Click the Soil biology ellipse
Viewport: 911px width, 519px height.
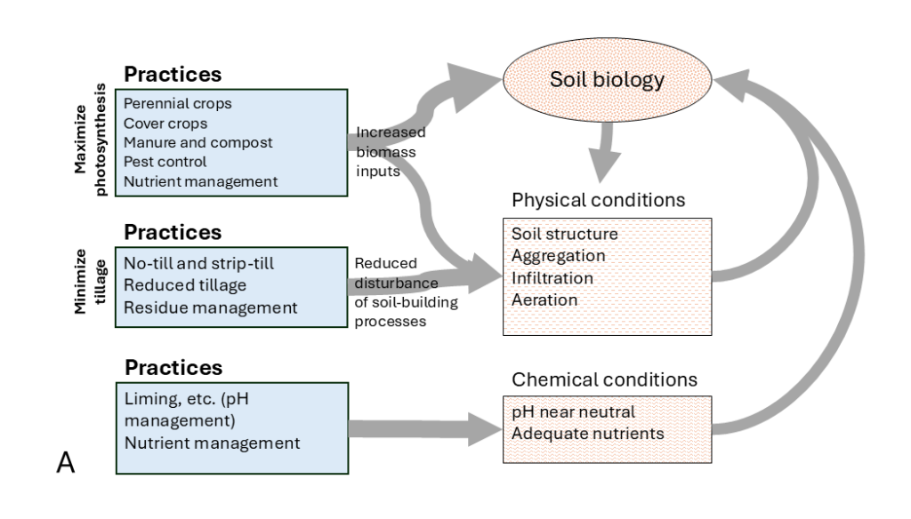point(607,82)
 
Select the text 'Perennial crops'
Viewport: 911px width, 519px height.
point(178,103)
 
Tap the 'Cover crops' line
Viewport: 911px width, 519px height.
point(165,123)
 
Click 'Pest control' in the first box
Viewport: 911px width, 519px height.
point(165,162)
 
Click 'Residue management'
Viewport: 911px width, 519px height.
point(209,307)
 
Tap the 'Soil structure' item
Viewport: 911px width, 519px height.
point(564,234)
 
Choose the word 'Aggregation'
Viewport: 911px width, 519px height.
point(559,255)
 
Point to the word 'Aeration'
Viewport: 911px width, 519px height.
point(544,299)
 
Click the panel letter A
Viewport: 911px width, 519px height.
point(65,463)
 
